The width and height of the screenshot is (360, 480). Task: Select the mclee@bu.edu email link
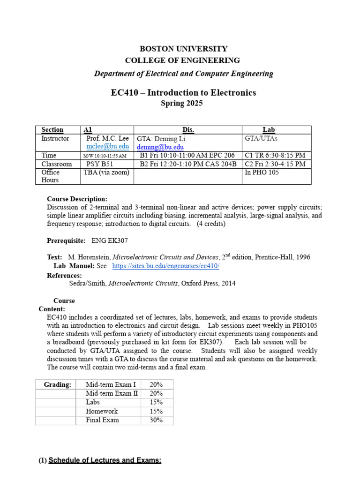(108, 146)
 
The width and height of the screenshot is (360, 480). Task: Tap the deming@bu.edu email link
(160, 147)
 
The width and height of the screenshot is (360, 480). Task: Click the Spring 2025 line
(182, 104)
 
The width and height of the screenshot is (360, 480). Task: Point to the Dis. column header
(188, 130)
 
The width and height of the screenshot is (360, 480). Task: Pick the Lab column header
(269, 130)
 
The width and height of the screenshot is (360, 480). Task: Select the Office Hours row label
(51, 176)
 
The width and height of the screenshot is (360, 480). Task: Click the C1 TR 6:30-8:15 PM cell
(275, 155)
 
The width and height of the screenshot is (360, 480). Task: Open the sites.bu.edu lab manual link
(166, 266)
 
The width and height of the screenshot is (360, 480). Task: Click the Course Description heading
(77, 199)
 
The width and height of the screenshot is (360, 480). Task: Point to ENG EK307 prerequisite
(110, 240)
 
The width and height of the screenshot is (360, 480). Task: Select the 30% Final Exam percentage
(156, 420)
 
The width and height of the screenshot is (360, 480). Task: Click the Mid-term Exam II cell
(112, 393)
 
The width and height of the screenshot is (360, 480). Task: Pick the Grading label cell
(58, 384)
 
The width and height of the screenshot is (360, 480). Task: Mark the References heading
(64, 275)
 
